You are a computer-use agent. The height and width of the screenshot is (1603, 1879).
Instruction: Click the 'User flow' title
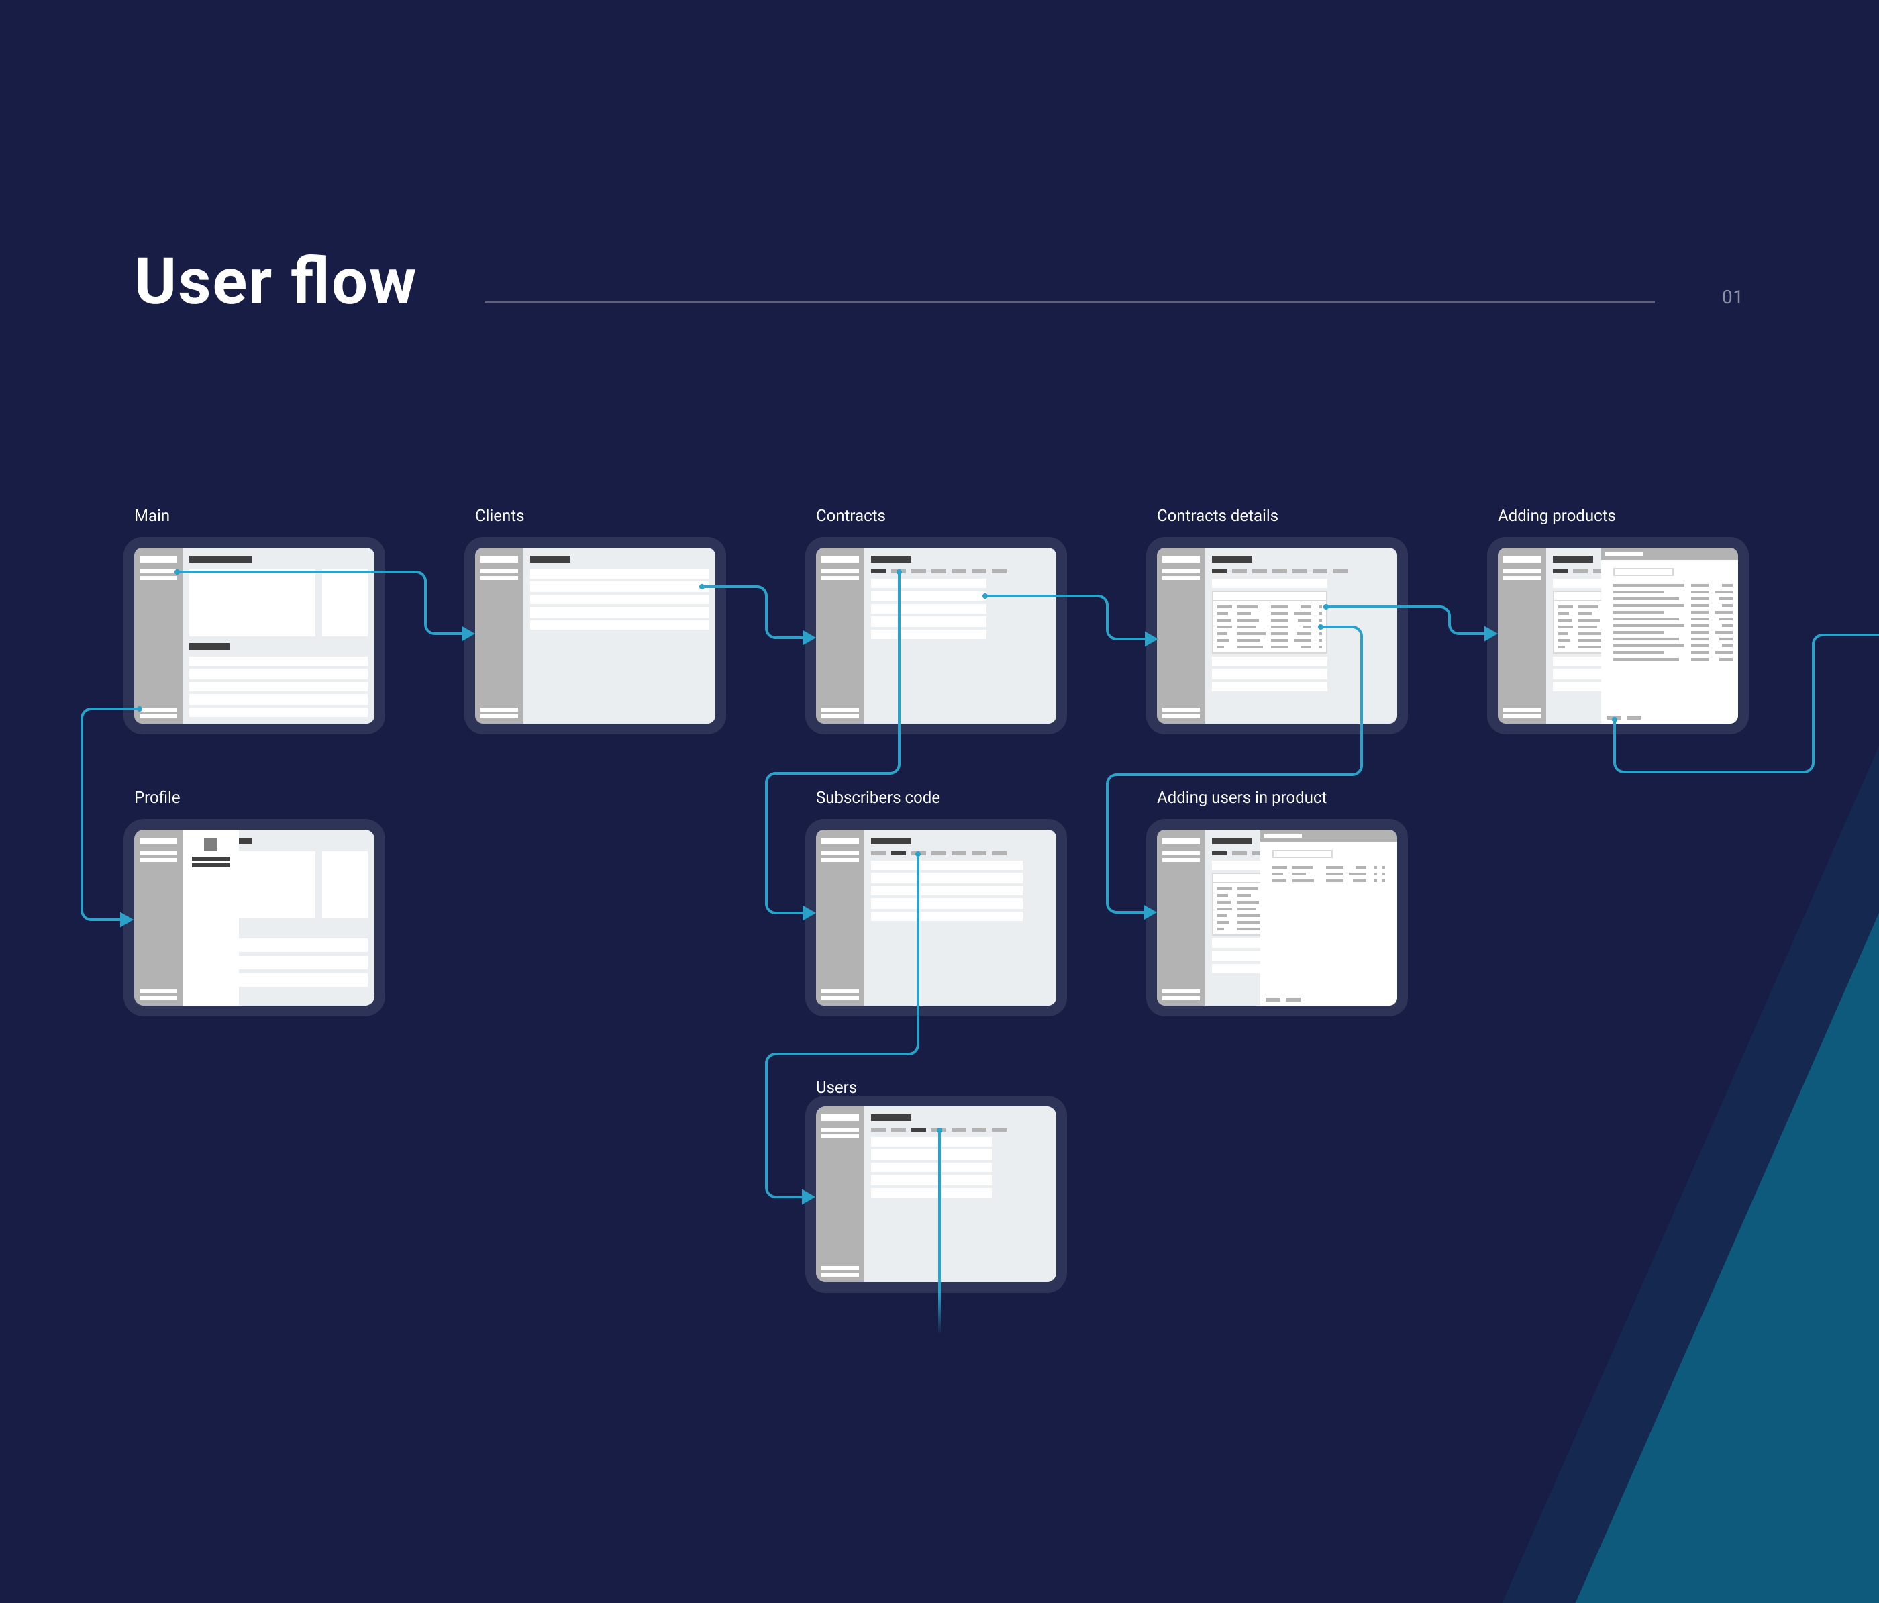274,281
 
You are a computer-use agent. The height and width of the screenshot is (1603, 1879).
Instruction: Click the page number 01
1731,297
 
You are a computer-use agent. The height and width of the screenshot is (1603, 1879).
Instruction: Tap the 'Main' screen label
152,516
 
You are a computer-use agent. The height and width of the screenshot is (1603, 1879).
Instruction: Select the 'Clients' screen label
499,516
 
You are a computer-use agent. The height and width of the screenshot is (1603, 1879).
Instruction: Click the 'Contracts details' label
1217,516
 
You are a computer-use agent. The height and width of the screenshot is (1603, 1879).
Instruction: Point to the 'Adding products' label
1556,516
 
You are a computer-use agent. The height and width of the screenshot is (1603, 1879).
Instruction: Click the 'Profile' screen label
157,797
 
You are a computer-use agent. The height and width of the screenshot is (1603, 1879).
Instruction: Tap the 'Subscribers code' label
877,797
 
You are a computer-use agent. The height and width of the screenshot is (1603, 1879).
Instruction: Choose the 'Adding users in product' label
1241,797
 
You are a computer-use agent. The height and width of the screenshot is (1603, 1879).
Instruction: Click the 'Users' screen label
835,1087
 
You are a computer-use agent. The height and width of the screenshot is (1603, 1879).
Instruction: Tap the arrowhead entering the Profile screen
127,919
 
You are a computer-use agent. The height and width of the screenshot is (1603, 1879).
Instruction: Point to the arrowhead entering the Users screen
808,1197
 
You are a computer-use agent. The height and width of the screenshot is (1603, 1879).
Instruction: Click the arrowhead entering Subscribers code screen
808,913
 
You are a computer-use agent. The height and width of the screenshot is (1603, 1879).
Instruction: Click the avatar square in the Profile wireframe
211,844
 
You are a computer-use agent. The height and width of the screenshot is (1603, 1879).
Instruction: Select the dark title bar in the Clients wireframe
550,558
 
